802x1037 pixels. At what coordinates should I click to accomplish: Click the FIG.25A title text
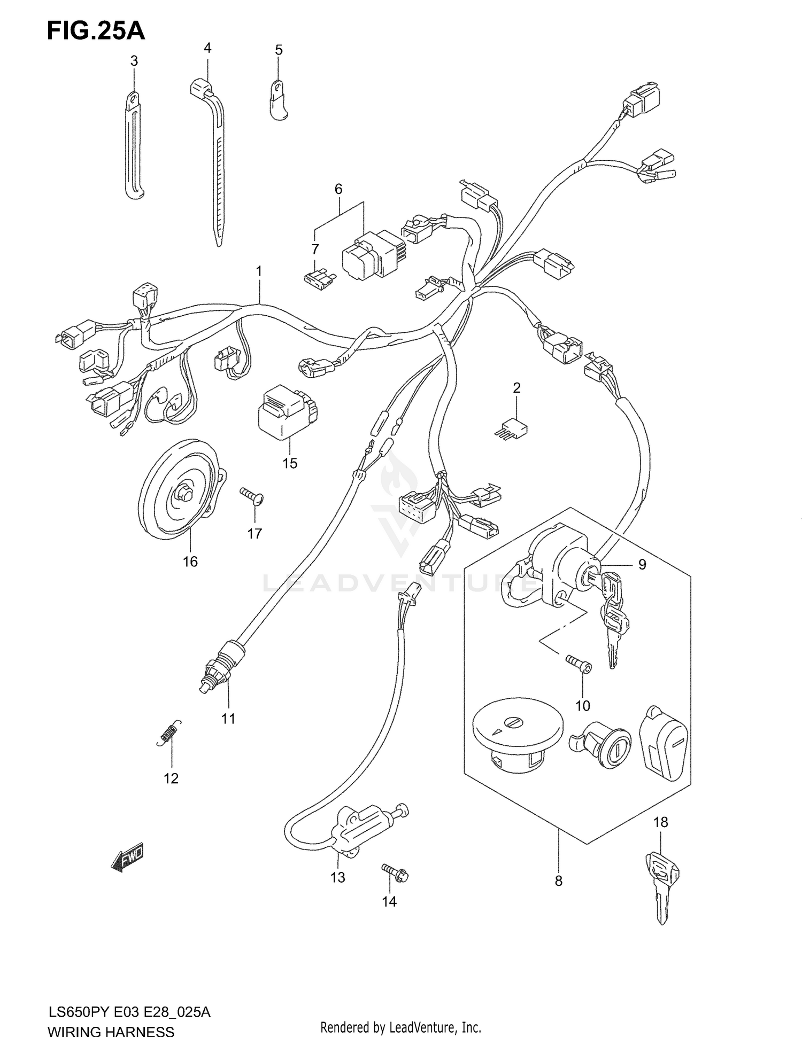(x=96, y=32)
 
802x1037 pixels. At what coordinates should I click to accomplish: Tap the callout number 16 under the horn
(x=190, y=562)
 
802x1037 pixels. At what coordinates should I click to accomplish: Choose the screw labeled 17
(x=252, y=497)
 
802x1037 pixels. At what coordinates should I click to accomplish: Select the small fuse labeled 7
(x=319, y=279)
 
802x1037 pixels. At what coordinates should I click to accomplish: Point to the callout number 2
(x=516, y=388)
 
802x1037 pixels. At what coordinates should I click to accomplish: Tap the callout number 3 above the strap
(x=134, y=61)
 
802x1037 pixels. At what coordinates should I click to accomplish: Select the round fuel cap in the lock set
(x=517, y=729)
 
